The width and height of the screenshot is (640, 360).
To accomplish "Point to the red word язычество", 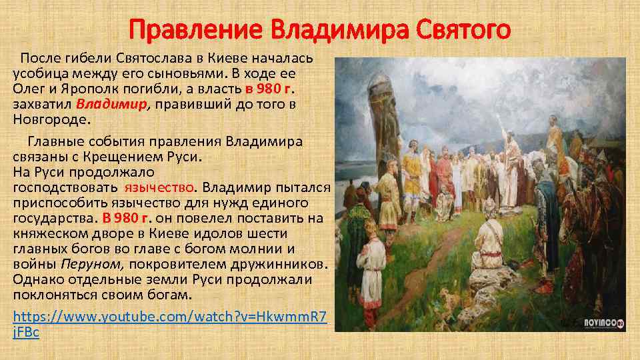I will coord(161,188).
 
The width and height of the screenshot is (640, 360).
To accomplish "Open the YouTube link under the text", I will coord(170,317).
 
